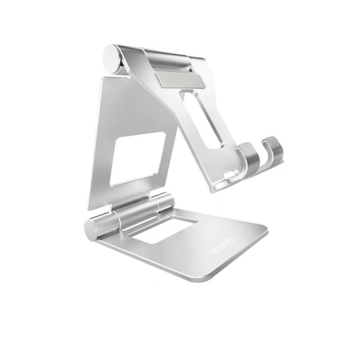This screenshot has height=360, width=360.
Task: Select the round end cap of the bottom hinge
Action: click(x=92, y=229)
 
